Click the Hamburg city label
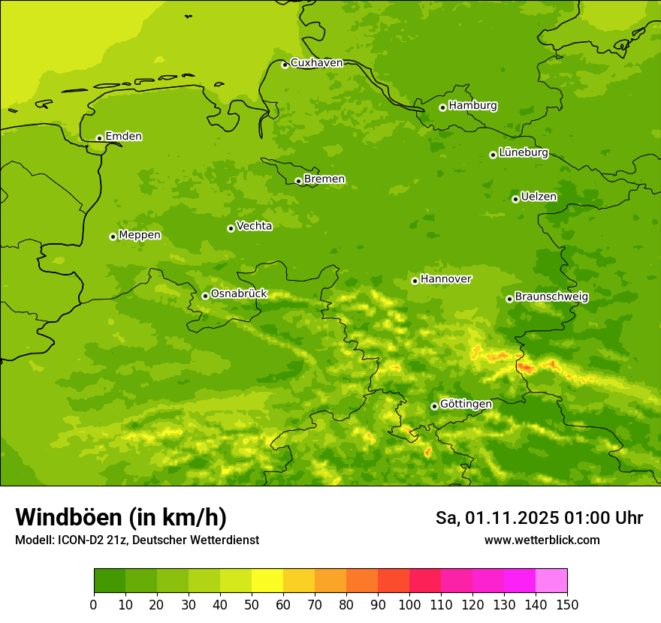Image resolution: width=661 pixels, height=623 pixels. click(472, 106)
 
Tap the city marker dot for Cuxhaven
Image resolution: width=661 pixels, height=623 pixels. click(285, 65)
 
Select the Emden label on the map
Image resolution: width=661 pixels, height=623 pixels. click(123, 137)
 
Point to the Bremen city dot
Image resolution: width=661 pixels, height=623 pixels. click(298, 181)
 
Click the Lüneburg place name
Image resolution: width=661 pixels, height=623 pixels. click(523, 153)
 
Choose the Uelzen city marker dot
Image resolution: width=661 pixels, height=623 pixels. click(515, 199)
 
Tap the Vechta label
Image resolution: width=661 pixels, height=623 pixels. click(254, 226)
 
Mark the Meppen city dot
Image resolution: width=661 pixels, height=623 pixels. click(113, 236)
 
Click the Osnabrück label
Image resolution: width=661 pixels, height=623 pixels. click(239, 294)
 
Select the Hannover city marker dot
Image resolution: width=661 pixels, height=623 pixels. click(415, 281)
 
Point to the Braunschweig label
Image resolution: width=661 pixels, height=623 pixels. click(551, 297)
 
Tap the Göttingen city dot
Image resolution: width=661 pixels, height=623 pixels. click(434, 406)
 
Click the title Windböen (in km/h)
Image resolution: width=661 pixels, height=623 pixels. click(121, 517)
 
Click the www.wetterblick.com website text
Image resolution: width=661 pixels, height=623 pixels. click(542, 540)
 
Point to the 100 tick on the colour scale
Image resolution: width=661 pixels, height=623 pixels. click(409, 604)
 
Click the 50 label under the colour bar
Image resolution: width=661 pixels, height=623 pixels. click(252, 604)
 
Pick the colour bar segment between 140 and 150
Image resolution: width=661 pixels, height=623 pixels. click(551, 581)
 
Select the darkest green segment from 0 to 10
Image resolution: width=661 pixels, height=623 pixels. click(110, 581)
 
